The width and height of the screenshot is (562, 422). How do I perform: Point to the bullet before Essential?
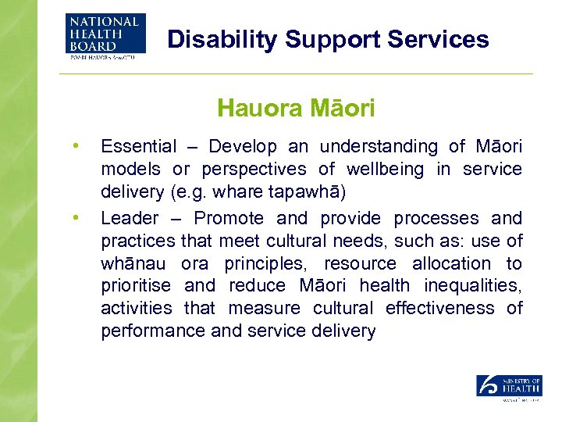point(76,145)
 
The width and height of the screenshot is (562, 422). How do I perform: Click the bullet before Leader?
point(76,217)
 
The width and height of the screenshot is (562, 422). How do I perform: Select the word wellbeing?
point(384,170)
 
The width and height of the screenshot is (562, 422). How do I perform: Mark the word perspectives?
point(254,170)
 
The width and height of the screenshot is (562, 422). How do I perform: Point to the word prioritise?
point(134,286)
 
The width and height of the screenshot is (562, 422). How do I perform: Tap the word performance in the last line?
point(153,331)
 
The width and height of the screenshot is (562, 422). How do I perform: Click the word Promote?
point(229,218)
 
